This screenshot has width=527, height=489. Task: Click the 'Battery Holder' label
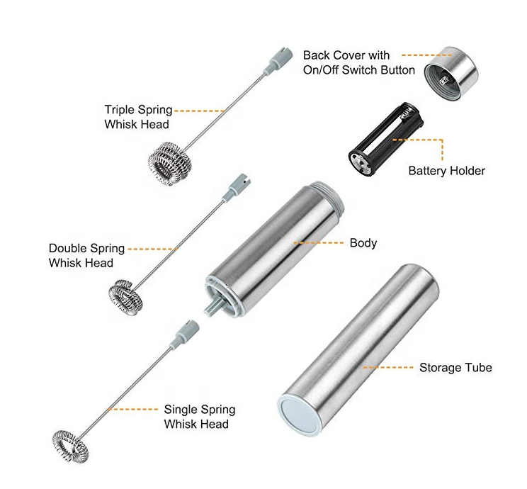[x=446, y=171]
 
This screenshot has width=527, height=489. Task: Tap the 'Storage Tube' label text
[x=455, y=368]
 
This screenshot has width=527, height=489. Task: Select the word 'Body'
[x=363, y=243]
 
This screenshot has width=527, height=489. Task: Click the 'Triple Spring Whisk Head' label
[x=138, y=117]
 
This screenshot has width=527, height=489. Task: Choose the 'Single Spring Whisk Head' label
[x=199, y=417]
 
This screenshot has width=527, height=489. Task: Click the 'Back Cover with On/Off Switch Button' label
[x=358, y=62]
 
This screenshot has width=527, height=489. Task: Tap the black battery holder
[x=382, y=138]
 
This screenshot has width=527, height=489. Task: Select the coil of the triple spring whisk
[x=172, y=164]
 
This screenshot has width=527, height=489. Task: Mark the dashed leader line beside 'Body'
[x=319, y=243]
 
